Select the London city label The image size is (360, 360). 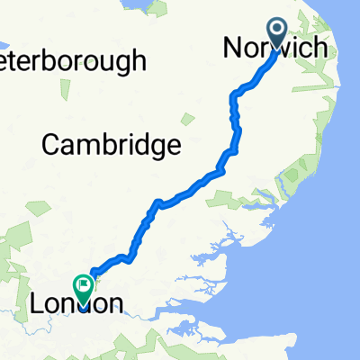(x=76, y=304)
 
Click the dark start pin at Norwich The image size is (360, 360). (x=277, y=32)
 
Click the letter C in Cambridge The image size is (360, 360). (x=51, y=144)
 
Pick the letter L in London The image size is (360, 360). (x=38, y=304)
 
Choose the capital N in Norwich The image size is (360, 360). (x=233, y=49)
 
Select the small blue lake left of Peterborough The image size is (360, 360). (x=3, y=42)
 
